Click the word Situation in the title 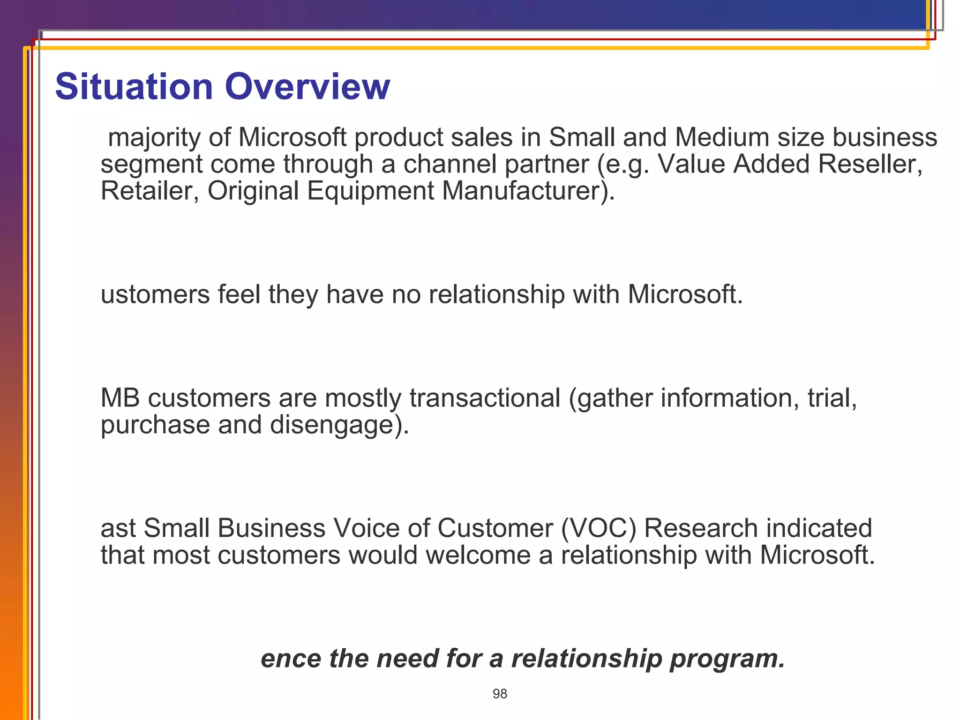click(134, 87)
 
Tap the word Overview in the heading click(307, 87)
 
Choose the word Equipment click(370, 191)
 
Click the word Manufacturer click(527, 191)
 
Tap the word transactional click(485, 398)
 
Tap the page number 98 click(500, 694)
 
